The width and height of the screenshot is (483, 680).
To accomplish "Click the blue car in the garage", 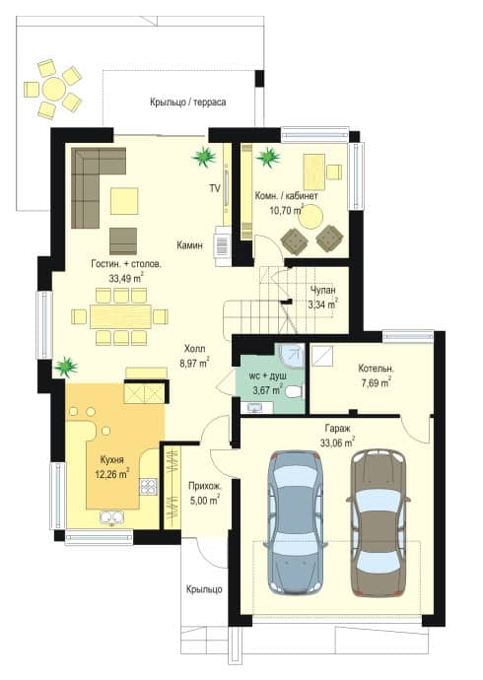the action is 296,522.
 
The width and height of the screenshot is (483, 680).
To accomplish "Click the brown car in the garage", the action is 378,522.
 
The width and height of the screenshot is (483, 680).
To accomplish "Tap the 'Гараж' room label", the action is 338,429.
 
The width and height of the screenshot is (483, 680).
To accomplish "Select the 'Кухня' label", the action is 111,459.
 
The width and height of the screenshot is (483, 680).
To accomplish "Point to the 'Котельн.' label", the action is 376,369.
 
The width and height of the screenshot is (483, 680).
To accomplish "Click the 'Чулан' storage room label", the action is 323,290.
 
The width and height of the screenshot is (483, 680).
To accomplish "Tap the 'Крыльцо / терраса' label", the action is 187,102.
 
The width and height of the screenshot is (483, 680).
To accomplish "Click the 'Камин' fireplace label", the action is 189,245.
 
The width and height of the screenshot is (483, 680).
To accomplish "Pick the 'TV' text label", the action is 215,188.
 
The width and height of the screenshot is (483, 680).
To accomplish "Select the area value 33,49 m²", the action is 126,278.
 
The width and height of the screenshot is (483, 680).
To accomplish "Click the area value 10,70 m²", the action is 286,211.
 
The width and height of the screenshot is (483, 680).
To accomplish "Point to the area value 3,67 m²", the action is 268,390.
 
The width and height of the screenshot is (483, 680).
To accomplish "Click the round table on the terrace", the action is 54,90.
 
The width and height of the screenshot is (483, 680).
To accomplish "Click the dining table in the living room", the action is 120,316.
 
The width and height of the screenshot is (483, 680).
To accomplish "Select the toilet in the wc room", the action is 294,392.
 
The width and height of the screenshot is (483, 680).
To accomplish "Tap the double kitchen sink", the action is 111,517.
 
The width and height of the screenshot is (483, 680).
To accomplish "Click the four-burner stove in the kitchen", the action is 148,487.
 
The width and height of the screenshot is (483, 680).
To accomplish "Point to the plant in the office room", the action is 268,157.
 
